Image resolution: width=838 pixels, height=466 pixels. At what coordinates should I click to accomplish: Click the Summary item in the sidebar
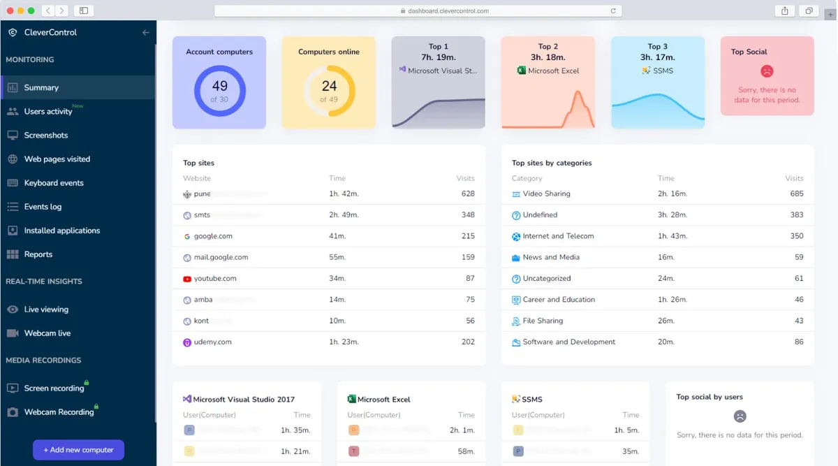pyautogui.click(x=41, y=87)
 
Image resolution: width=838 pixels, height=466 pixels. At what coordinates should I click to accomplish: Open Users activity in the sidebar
pyautogui.click(x=47, y=112)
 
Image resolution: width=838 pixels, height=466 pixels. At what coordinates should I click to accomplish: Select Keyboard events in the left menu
pyautogui.click(x=53, y=183)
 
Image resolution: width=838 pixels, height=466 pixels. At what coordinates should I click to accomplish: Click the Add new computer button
pyautogui.click(x=78, y=450)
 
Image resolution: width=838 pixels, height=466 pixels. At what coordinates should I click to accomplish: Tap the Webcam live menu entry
pyautogui.click(x=47, y=333)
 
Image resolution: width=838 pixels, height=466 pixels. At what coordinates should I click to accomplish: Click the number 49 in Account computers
pyautogui.click(x=219, y=86)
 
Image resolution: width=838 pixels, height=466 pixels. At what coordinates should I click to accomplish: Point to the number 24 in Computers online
pyautogui.click(x=329, y=86)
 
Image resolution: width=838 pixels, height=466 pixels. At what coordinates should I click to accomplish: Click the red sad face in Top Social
pyautogui.click(x=767, y=71)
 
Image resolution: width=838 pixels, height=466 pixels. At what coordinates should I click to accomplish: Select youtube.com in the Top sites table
pyautogui.click(x=214, y=278)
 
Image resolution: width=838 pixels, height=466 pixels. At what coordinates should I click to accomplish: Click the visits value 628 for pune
pyautogui.click(x=467, y=194)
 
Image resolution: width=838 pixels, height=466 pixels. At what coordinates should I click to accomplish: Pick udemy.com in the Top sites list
pyautogui.click(x=212, y=342)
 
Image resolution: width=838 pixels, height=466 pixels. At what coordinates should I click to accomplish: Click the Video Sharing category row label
pyautogui.click(x=546, y=194)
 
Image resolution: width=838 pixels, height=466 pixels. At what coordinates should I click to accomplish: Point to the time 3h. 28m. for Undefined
pyautogui.click(x=672, y=214)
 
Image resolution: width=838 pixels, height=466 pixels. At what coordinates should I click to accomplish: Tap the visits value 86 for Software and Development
pyautogui.click(x=798, y=342)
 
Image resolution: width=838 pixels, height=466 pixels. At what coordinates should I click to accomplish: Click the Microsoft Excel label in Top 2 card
pyautogui.click(x=553, y=71)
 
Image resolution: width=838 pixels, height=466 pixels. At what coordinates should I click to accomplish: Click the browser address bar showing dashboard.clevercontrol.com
pyautogui.click(x=418, y=10)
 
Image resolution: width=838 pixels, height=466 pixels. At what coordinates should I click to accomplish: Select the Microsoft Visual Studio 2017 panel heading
pyautogui.click(x=243, y=400)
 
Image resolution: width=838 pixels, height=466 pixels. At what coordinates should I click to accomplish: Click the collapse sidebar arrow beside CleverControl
pyautogui.click(x=145, y=32)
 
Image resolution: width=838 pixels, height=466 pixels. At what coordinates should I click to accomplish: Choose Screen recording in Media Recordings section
pyautogui.click(x=54, y=388)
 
